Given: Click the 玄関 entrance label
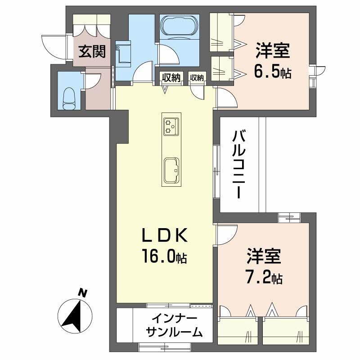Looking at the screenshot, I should (93, 52).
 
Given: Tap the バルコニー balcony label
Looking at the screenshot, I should (239, 164).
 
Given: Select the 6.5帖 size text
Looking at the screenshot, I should (272, 72).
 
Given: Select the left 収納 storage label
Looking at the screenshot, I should (171, 78).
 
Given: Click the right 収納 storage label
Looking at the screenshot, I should (197, 78).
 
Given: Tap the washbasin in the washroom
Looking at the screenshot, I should (122, 52).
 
